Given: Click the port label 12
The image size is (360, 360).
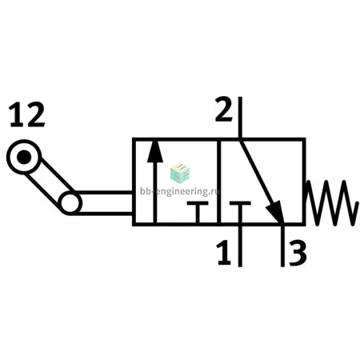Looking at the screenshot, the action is [27, 115].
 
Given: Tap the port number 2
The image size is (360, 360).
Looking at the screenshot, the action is [224, 109].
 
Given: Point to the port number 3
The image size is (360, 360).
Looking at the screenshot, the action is [298, 253].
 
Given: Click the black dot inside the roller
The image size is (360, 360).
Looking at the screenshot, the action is [24, 157].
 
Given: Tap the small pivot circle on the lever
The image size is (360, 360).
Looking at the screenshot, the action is [70, 203].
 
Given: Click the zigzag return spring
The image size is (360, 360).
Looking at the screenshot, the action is [331, 203].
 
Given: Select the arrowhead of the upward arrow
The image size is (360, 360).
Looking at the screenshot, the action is [154, 151].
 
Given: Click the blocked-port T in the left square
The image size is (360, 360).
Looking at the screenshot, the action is [198, 212].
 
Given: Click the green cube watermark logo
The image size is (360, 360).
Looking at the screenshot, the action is [180, 173].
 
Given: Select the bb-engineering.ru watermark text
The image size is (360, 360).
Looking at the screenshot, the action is [180, 191].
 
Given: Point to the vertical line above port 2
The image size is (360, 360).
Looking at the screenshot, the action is [240, 118].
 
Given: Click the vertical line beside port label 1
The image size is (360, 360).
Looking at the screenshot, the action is [240, 246].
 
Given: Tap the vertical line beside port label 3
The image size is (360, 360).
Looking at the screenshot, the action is [282, 246].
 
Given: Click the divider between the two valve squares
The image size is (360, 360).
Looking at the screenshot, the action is [218, 182].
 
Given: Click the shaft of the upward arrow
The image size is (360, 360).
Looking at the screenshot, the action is [154, 192].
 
